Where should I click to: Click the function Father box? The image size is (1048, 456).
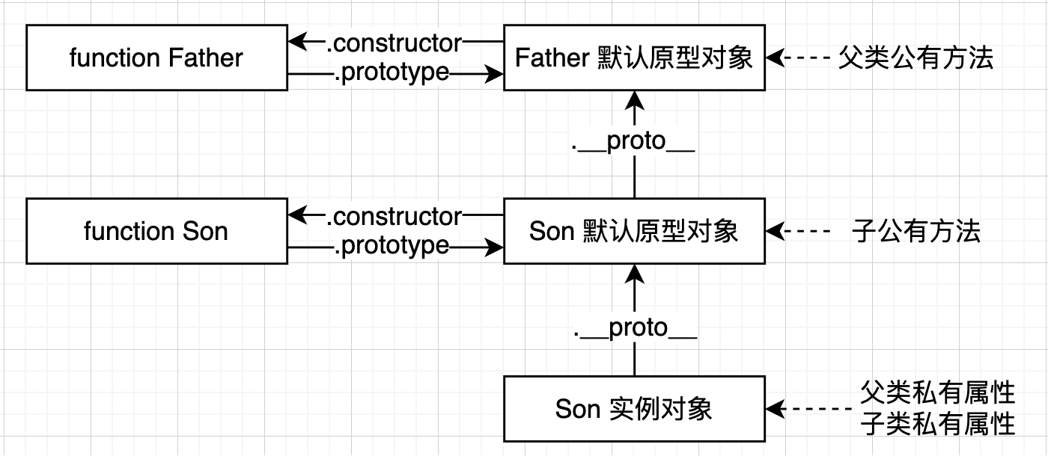(x=156, y=58)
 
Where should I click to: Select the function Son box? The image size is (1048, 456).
(x=156, y=231)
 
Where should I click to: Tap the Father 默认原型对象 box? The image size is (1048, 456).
(x=634, y=58)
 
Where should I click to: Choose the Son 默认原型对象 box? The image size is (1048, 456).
(x=634, y=231)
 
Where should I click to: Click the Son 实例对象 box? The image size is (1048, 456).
(x=634, y=409)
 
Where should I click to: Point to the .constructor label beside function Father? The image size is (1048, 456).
(x=394, y=43)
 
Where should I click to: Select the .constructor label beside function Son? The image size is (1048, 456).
(x=394, y=216)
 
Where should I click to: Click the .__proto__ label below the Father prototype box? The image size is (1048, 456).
(x=634, y=142)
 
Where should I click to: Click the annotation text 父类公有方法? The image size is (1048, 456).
(x=916, y=58)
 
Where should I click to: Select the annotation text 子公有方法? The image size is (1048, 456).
(x=916, y=231)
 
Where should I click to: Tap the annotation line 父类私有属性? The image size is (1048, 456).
(x=937, y=392)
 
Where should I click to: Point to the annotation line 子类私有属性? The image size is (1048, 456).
(x=937, y=425)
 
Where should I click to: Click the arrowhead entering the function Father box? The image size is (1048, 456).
(x=298, y=42)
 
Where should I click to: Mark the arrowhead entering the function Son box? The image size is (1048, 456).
(x=298, y=215)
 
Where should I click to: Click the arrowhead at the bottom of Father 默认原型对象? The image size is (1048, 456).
(x=634, y=99)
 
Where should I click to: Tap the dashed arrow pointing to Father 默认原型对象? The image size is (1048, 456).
(x=797, y=58)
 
